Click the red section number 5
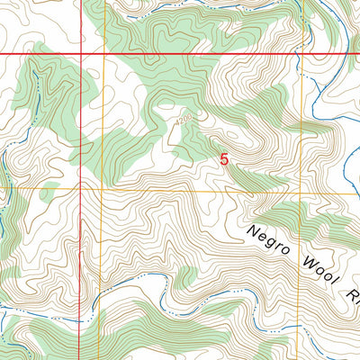tap(224, 158)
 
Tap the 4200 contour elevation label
tap(185, 116)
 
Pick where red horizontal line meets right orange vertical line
tap(302, 55)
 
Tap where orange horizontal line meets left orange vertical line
tap(102, 190)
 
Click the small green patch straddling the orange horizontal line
tap(49, 191)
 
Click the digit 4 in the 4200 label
tap(179, 116)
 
